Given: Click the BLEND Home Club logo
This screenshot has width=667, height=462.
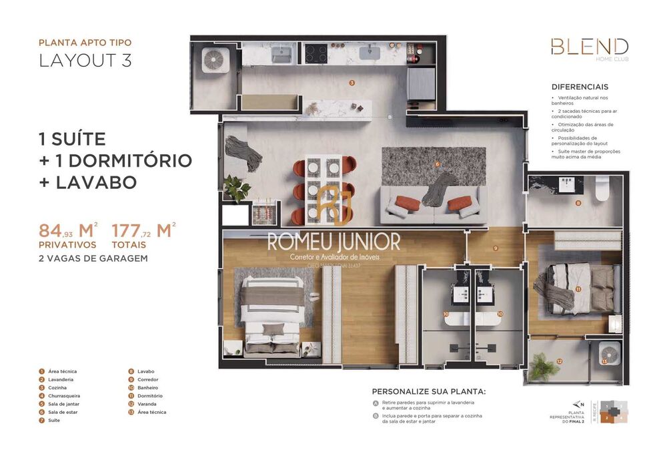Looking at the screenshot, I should click(x=589, y=49).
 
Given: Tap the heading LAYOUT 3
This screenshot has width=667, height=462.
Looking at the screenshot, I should click(x=85, y=60).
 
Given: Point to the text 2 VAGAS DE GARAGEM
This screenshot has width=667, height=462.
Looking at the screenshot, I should click(x=93, y=258).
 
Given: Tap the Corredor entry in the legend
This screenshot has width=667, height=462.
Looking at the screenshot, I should click(x=145, y=379).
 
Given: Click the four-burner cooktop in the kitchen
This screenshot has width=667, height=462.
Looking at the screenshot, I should click(x=315, y=53).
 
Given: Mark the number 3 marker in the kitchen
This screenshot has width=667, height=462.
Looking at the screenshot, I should click(x=352, y=83).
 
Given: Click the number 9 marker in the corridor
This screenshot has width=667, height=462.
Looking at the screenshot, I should click(x=496, y=248).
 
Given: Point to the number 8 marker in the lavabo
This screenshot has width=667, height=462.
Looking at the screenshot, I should click(x=578, y=202).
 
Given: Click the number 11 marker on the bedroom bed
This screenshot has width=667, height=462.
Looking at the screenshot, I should click(x=578, y=289).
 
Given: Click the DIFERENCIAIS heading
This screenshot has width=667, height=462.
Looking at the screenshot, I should click(x=580, y=87).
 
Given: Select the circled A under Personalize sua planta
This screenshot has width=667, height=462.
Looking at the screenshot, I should click(x=376, y=403).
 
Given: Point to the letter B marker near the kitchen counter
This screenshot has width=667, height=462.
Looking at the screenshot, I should click(x=390, y=118).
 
